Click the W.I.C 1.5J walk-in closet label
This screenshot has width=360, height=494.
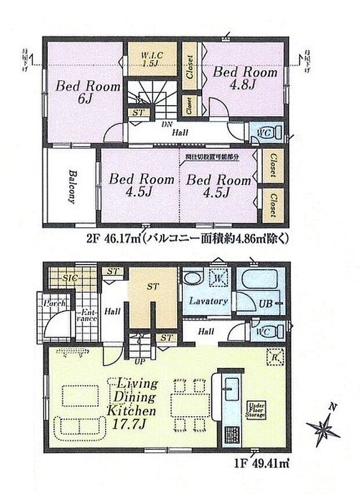[149, 59]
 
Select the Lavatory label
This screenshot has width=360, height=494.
[206, 302]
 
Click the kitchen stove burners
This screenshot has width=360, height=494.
[231, 436]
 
